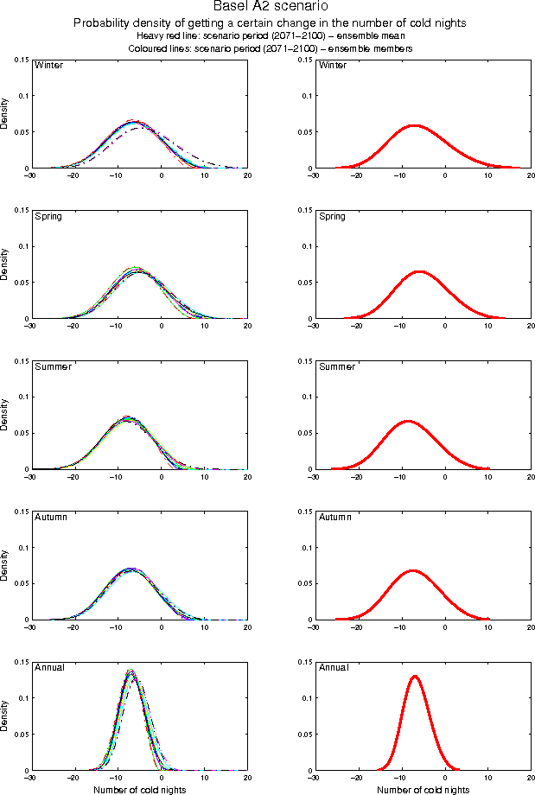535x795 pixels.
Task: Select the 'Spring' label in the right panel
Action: [x=332, y=216]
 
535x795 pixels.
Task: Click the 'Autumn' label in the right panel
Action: [x=334, y=518]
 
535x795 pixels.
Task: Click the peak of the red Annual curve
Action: [x=415, y=676]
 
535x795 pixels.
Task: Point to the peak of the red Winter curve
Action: [x=414, y=124]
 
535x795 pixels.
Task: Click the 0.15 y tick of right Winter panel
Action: [x=305, y=59]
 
